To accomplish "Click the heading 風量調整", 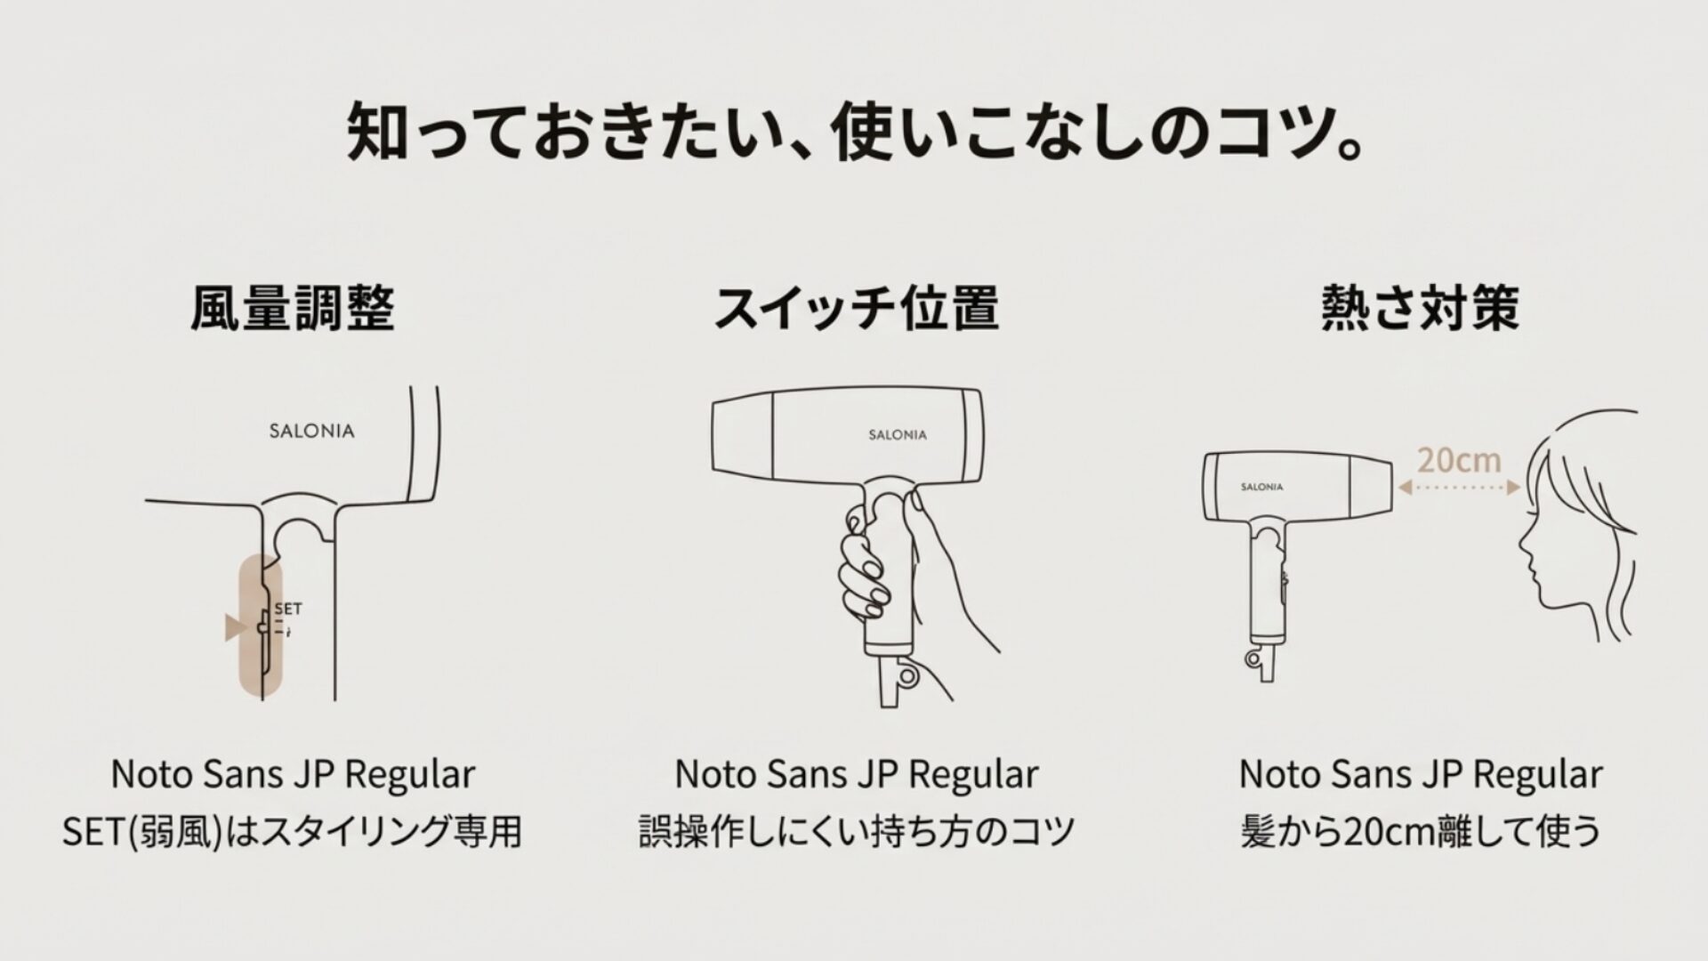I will click(x=292, y=308).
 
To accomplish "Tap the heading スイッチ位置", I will click(x=856, y=308).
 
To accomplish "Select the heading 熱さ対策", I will click(x=1420, y=308).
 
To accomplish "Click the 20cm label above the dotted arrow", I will click(x=1458, y=460).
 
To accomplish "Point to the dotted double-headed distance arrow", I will click(x=1458, y=488).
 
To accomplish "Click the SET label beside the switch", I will click(x=288, y=609).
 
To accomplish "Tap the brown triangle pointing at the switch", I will click(x=234, y=627).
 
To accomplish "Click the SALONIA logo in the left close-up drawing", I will click(x=311, y=432).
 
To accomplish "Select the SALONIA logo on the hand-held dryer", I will click(x=898, y=435).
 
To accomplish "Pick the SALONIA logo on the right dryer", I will click(x=1261, y=487).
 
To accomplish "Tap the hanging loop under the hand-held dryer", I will click(x=906, y=676).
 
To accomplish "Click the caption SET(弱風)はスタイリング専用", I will click(x=292, y=832).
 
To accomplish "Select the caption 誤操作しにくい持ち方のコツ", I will click(x=856, y=832).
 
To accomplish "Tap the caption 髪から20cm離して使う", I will click(x=1420, y=832).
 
